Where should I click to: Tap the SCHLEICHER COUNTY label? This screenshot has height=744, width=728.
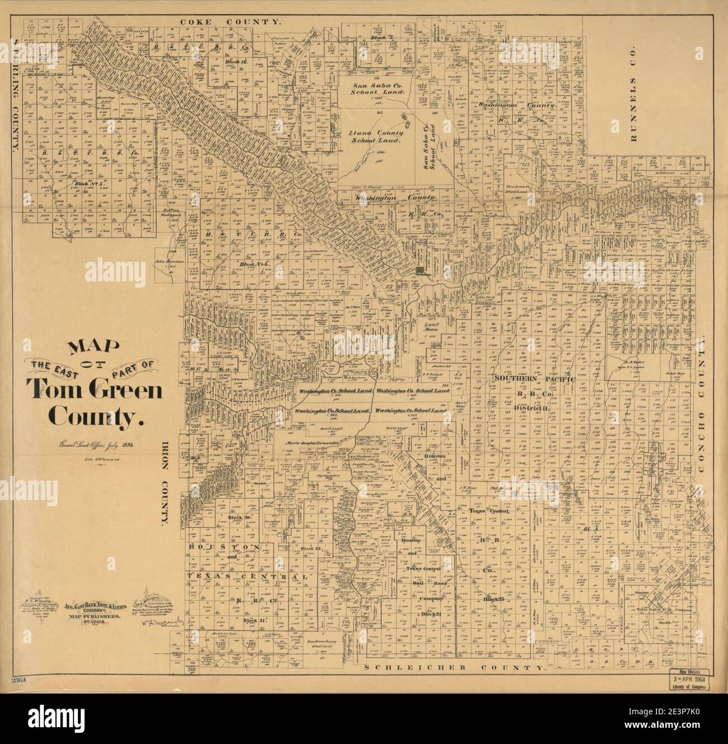tap(454, 668)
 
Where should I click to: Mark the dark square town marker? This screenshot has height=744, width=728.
tap(421, 272)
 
